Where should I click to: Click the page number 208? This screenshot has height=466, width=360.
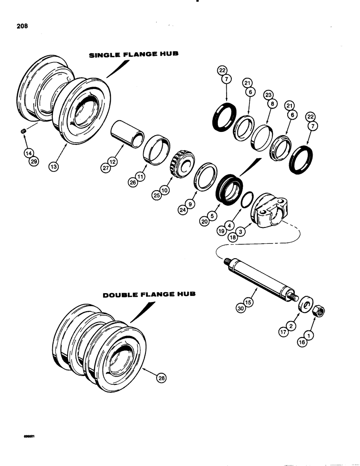(x=21, y=27)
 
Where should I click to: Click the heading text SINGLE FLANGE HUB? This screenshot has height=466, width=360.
(x=133, y=55)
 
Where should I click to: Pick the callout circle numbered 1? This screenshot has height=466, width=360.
(x=308, y=334)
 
